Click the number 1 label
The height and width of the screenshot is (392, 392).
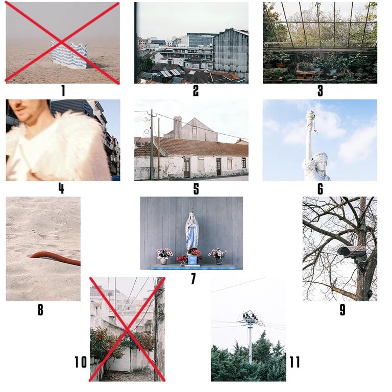point(63,90)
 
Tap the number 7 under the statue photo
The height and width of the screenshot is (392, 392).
point(193,279)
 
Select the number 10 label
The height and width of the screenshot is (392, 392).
point(81,362)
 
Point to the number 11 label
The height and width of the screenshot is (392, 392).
point(295,362)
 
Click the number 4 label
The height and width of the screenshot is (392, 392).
point(61,188)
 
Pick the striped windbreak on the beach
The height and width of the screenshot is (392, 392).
point(69,55)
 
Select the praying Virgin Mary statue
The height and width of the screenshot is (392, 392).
point(192,231)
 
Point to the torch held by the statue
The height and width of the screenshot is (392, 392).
point(310,117)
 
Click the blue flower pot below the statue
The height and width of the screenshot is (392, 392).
point(192,259)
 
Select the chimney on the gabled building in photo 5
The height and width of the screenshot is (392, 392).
point(177,127)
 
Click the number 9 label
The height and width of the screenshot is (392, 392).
point(342,309)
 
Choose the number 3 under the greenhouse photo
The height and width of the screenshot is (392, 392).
point(320,90)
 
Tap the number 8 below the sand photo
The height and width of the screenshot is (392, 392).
point(40,309)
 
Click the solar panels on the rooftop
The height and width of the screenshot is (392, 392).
point(170,73)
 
